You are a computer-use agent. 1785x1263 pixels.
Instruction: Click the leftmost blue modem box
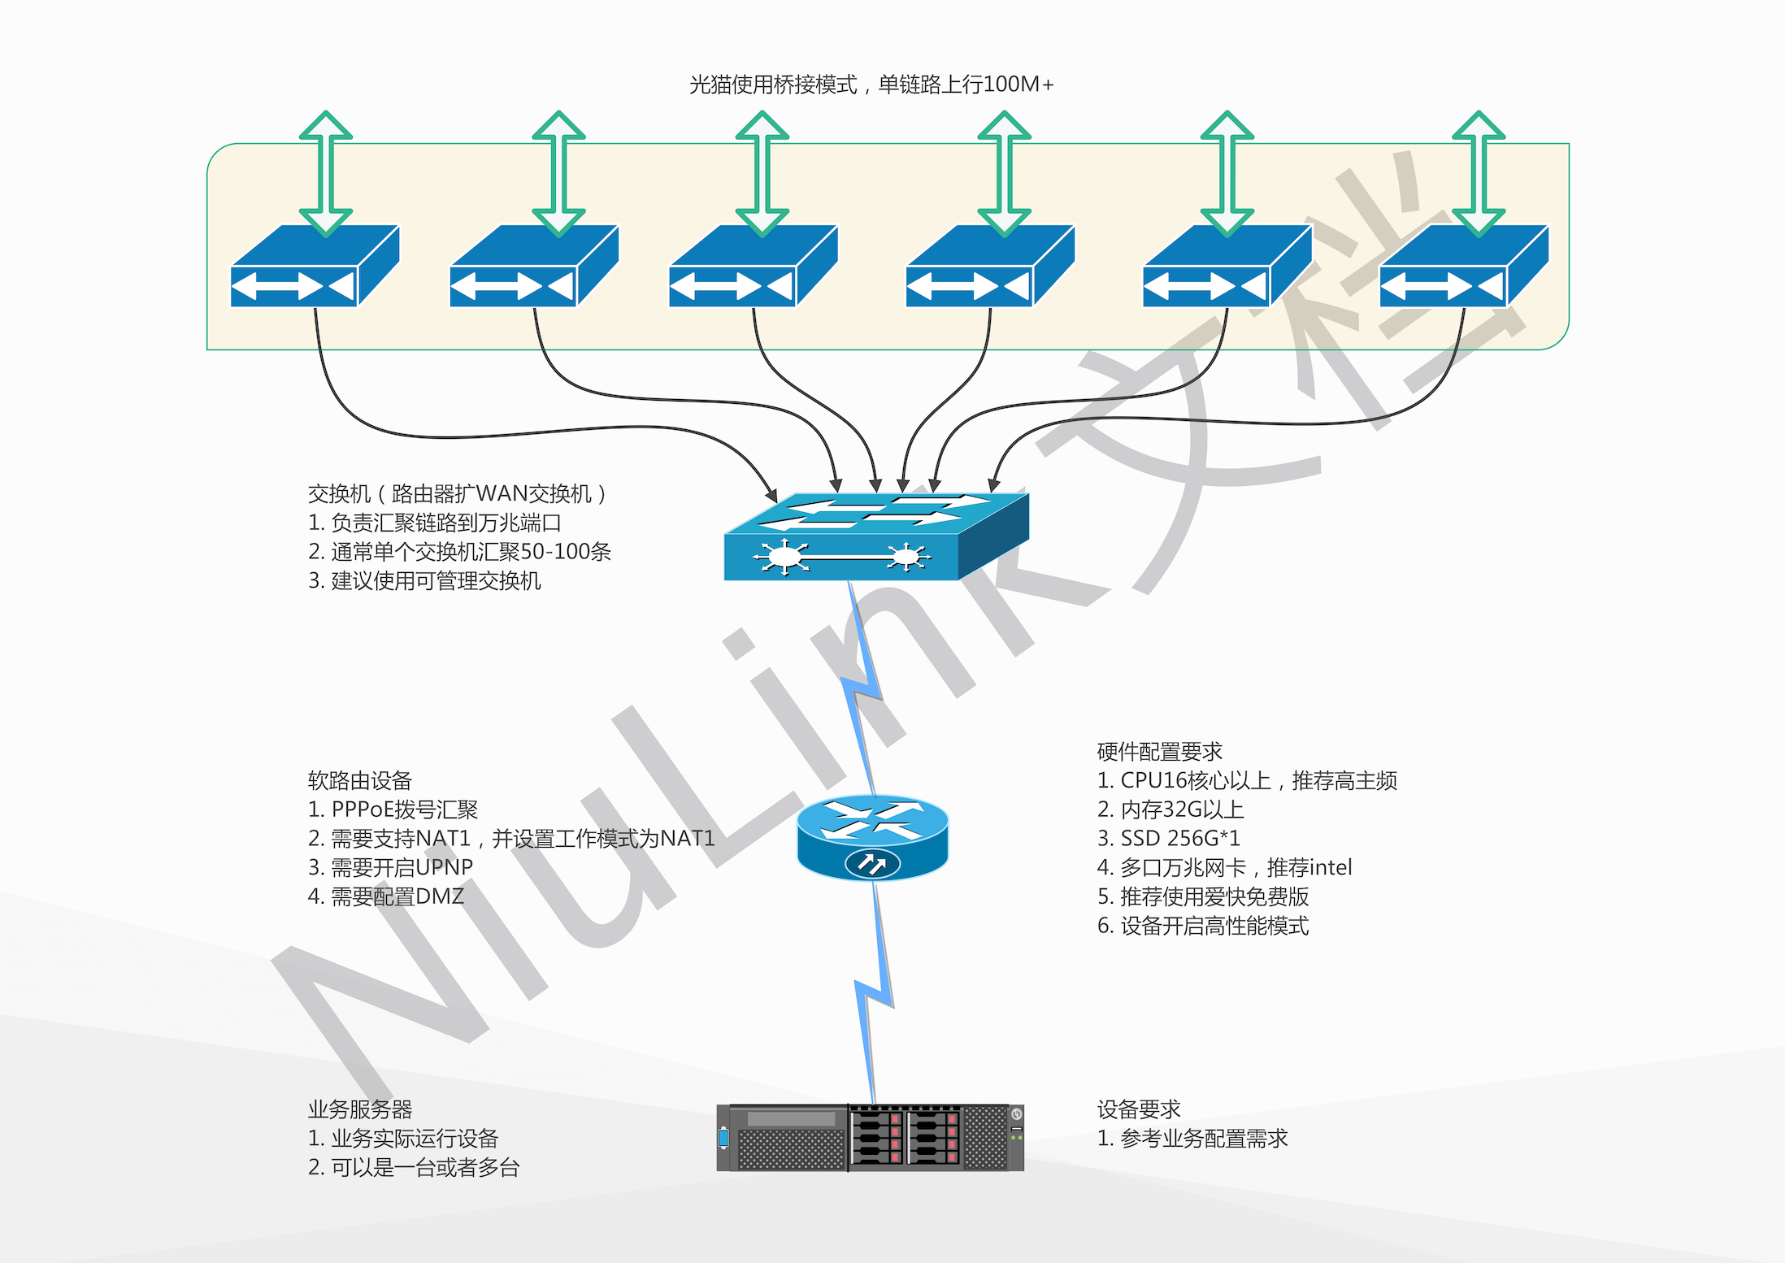(315, 267)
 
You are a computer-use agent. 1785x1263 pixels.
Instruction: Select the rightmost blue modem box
(1464, 267)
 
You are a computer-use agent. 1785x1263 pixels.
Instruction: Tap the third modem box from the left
(753, 267)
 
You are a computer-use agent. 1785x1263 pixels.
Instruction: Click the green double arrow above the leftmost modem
(326, 173)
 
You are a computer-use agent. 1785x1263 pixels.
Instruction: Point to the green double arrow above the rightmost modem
(1479, 173)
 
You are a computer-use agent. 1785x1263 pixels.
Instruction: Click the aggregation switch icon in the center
(876, 537)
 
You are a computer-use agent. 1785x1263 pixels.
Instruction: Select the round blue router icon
(872, 838)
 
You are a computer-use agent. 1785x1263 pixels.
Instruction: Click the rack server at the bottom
(870, 1137)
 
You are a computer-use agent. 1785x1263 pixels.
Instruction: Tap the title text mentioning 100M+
(871, 85)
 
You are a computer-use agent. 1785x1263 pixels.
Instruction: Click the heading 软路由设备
(360, 780)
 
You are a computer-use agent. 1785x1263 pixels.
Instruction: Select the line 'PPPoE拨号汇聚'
(393, 809)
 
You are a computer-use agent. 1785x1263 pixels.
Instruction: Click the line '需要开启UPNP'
(391, 867)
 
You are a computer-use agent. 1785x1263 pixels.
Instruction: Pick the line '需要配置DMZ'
(386, 896)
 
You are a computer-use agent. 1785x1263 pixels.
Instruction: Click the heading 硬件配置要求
(1159, 751)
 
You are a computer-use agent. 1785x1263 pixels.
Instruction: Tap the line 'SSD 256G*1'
(1169, 838)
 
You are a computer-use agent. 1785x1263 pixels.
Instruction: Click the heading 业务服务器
(360, 1109)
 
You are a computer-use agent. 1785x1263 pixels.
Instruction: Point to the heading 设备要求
(1138, 1109)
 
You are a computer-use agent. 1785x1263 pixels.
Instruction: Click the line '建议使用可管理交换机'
(424, 581)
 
